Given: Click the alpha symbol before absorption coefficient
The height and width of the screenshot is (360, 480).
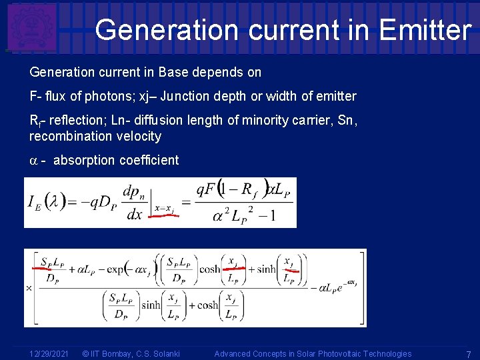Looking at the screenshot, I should [34, 161].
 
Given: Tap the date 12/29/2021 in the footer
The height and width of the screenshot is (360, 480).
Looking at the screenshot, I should [49, 353].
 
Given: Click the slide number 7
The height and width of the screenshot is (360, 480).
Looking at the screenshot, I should [469, 353].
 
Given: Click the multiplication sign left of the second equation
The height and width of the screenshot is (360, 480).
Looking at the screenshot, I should [29, 289].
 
